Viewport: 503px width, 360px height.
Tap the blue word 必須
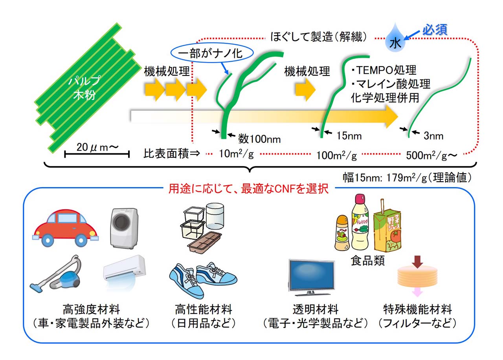[x=435, y=30]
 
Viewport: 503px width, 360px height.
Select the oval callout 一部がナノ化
[x=213, y=54]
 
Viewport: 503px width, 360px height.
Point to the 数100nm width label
[x=259, y=138]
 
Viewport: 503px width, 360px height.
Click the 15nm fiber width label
[x=349, y=136]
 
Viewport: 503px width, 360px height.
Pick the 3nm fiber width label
[x=433, y=136]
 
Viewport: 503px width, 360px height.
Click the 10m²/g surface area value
[x=236, y=154]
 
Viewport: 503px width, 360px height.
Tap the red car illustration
[x=65, y=228]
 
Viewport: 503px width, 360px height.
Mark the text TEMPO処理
[x=386, y=70]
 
